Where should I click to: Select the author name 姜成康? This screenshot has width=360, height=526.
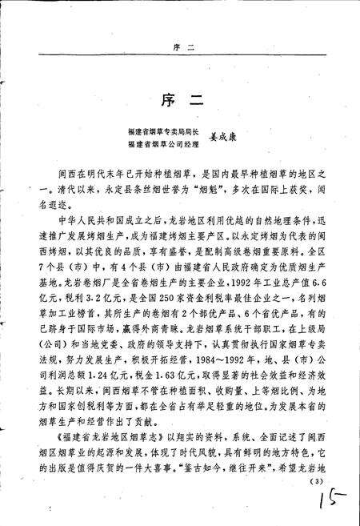tap(225, 137)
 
